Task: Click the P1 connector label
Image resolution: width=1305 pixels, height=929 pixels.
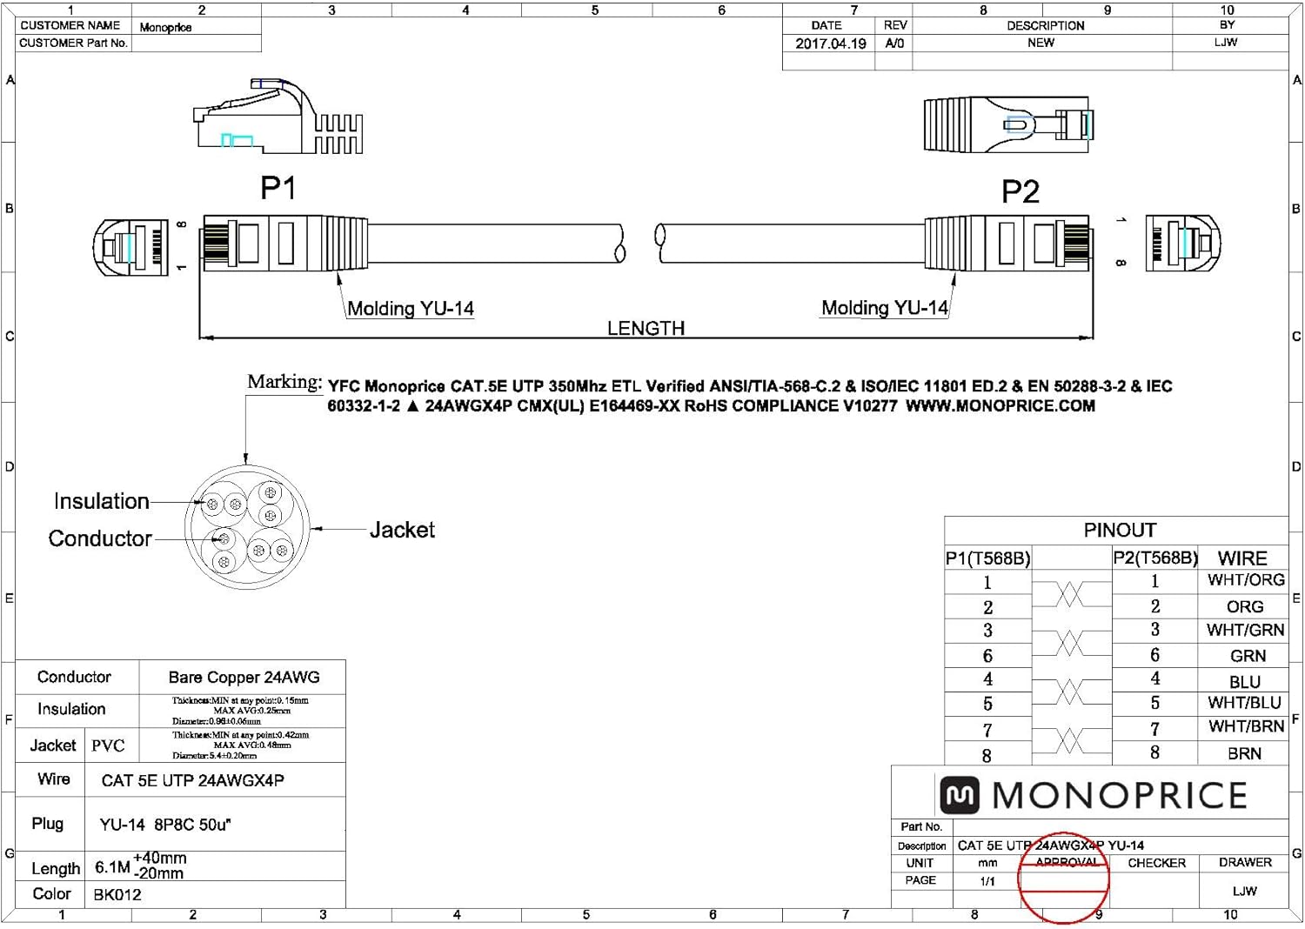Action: coord(278,188)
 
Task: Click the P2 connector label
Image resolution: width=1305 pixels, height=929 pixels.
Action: coord(1020,191)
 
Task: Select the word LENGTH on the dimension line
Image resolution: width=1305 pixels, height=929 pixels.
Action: coord(646,328)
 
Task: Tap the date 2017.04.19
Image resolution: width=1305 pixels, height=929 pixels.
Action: coord(830,43)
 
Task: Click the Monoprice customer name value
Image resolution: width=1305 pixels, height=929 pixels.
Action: coord(165,27)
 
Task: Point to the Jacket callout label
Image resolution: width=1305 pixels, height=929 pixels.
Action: coord(402,530)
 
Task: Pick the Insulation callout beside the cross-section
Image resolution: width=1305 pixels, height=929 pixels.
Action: coord(101,501)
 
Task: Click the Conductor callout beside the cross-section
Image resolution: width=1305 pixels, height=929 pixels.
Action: coord(100,538)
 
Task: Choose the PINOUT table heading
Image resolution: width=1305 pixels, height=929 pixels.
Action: coord(1120,530)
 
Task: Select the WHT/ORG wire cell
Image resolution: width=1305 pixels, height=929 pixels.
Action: coord(1246,580)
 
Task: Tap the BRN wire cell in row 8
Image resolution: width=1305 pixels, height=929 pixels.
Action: coord(1244,753)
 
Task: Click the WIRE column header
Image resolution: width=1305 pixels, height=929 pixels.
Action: coord(1241,558)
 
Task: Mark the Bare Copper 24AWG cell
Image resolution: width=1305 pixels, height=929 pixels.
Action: coord(244,677)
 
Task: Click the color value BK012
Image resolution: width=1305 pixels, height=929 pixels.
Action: coord(117,894)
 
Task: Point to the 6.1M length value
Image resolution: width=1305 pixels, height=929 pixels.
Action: coord(112,867)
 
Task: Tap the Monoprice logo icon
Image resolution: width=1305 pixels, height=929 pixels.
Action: coord(960,795)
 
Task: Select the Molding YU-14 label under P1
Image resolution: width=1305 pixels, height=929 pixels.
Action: coord(411,309)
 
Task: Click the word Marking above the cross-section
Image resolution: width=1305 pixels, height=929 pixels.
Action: coord(284,381)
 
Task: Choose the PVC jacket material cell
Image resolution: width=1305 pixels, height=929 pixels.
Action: coord(109,745)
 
